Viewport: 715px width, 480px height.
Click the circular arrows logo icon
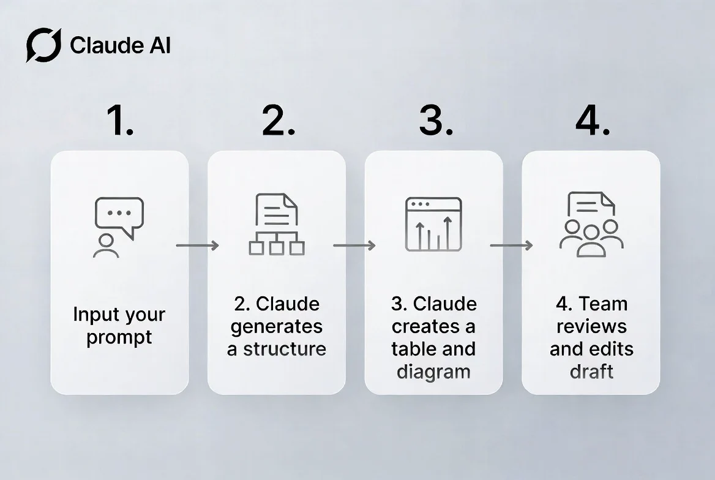pyautogui.click(x=43, y=45)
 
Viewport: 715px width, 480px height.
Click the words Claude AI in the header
pyautogui.click(x=121, y=45)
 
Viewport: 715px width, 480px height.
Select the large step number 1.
pyautogui.click(x=121, y=120)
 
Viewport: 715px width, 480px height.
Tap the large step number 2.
pyautogui.click(x=279, y=120)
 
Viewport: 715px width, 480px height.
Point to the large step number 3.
pyautogui.click(x=436, y=120)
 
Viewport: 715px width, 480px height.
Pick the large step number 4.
pyautogui.click(x=593, y=120)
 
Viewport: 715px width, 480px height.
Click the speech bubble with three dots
pyautogui.click(x=119, y=216)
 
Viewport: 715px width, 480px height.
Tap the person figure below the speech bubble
pyautogui.click(x=106, y=246)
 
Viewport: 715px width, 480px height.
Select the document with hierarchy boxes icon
pyautogui.click(x=277, y=224)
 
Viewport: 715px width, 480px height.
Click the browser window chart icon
pyautogui.click(x=433, y=224)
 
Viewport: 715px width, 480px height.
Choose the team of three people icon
pyautogui.click(x=591, y=239)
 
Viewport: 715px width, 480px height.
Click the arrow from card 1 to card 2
pyautogui.click(x=198, y=246)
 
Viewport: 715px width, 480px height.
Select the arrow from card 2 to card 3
pyautogui.click(x=354, y=246)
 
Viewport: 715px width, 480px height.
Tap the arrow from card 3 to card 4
pyautogui.click(x=511, y=246)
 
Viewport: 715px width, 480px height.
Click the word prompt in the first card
pyautogui.click(x=119, y=338)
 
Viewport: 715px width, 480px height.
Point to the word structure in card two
pyautogui.click(x=285, y=349)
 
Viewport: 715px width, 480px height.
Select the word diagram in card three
pyautogui.click(x=433, y=372)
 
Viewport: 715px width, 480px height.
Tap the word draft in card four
pyautogui.click(x=591, y=372)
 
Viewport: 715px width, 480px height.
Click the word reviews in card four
pyautogui.click(x=591, y=326)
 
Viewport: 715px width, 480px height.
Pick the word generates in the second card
pyautogui.click(x=277, y=327)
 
